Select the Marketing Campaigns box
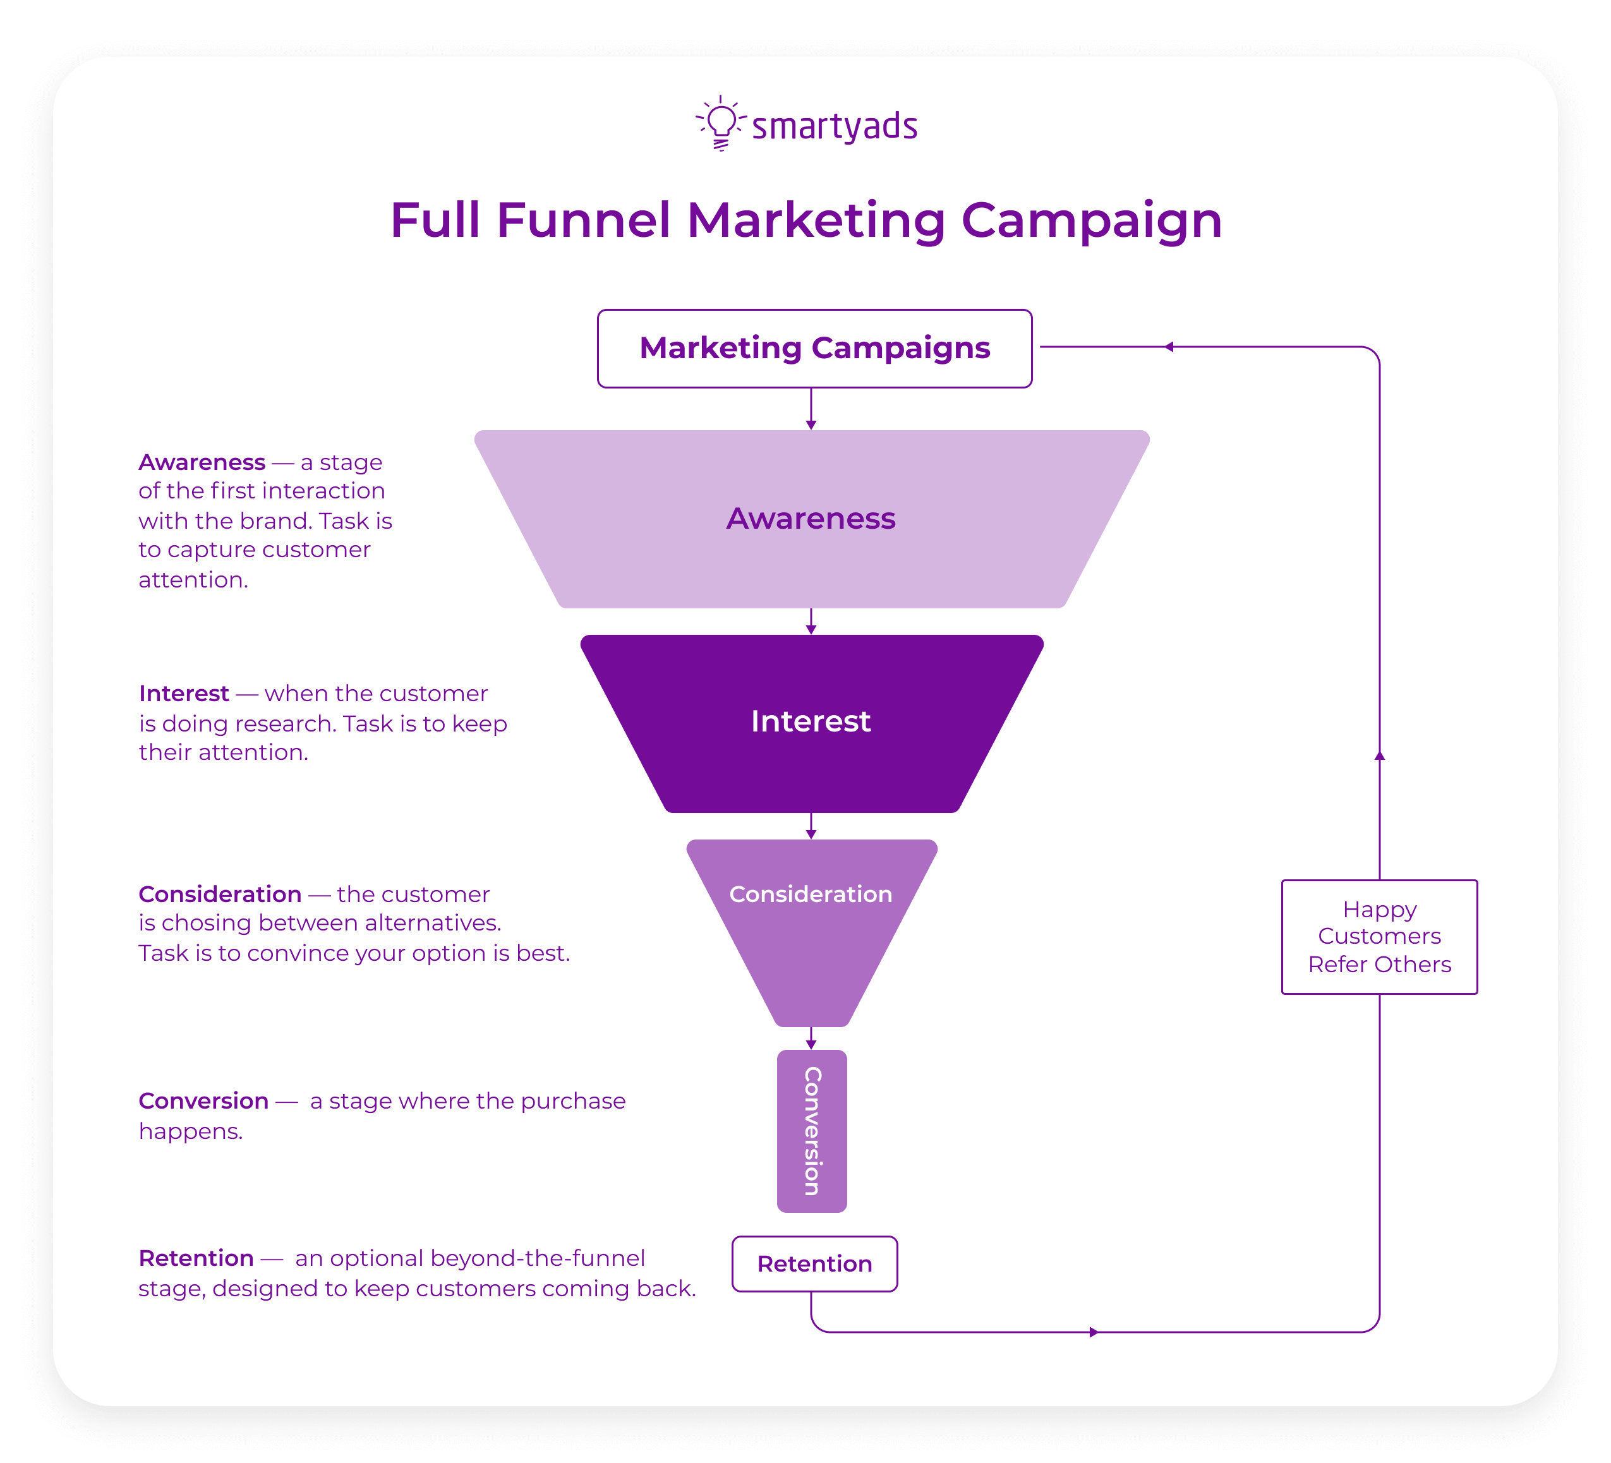[x=814, y=348]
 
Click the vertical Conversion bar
[x=812, y=1131]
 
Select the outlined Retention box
[x=814, y=1264]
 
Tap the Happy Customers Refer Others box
[x=1379, y=936]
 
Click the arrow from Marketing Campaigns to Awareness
[x=811, y=410]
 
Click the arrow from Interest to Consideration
[x=811, y=827]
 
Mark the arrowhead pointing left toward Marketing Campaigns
[x=1169, y=347]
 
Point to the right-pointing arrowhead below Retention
[x=1093, y=1332]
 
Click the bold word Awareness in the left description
[x=202, y=462]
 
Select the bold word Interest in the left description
[x=184, y=694]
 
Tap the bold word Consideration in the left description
[x=220, y=894]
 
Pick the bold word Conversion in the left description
[x=203, y=1101]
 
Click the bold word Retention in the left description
[x=196, y=1258]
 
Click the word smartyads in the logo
[x=835, y=127]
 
